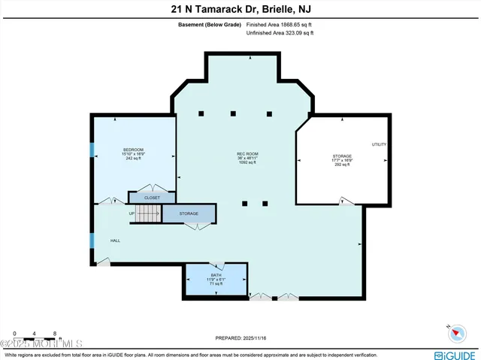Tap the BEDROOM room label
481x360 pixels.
133,150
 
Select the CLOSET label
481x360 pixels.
152,198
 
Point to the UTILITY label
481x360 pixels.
379,144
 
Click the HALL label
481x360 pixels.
116,241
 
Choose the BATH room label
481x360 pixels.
216,275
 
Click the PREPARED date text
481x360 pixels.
240,336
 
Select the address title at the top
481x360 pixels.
240,9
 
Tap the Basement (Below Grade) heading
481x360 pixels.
210,24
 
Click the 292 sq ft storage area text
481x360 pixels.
341,165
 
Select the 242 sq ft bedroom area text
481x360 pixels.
133,159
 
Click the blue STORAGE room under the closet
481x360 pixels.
189,214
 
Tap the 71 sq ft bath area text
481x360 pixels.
216,284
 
